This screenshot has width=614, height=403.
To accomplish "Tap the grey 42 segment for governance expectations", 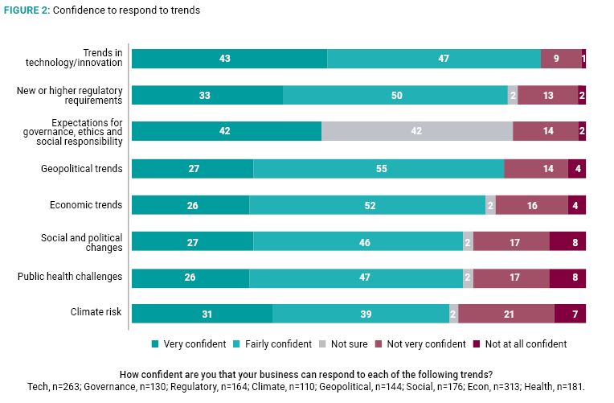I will tap(416, 132).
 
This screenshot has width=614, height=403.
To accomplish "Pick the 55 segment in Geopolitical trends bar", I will tap(379, 169).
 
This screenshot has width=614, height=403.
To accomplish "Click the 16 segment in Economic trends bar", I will tap(531, 205).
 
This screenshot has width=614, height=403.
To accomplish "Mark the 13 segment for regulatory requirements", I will tap(547, 95).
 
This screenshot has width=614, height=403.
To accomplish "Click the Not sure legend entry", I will tap(346, 344).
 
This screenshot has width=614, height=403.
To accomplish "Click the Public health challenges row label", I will tap(70, 278).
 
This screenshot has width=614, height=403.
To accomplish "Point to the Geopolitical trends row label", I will tap(82, 169).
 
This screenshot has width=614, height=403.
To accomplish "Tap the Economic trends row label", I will tap(87, 205).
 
